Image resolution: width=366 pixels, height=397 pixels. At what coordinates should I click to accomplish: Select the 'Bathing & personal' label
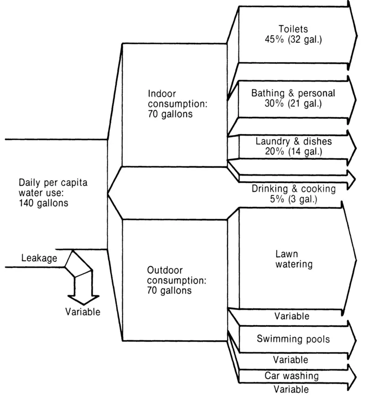[x=293, y=93]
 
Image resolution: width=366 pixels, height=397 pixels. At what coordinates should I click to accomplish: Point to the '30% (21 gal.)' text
[x=293, y=103]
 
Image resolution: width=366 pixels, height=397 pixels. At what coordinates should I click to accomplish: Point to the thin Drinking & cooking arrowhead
[x=351, y=178]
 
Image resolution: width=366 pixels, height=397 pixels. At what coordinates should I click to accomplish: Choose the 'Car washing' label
[x=291, y=375]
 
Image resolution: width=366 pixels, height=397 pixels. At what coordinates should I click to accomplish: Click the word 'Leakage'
[x=39, y=259]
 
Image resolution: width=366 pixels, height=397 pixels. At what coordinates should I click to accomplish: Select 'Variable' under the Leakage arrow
[x=83, y=312]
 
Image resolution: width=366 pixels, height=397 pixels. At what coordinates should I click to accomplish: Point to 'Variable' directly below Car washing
[x=291, y=388]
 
